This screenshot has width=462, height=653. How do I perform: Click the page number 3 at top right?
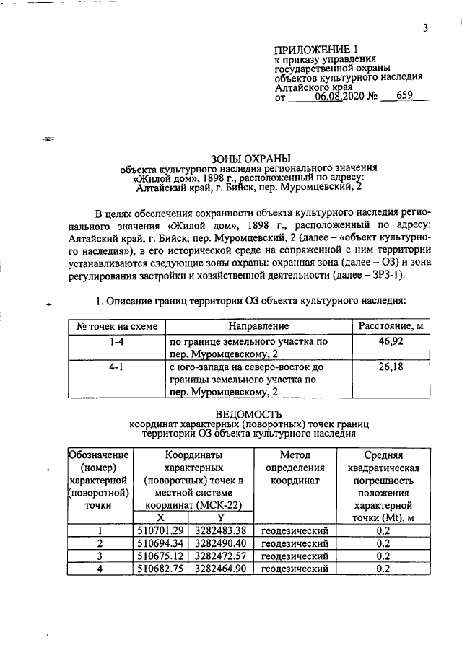point(426,29)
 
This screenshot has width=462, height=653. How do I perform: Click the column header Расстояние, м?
point(391,327)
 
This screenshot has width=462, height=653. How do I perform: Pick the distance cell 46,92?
point(390,341)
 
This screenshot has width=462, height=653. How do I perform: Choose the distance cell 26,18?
point(390,367)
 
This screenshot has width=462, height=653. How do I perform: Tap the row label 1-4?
point(112,341)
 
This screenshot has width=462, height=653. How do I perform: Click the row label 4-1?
point(112,367)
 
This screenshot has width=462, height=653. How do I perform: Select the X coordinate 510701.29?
point(161,530)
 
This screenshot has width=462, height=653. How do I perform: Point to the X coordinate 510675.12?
point(161,556)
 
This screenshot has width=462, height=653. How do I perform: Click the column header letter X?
point(161,518)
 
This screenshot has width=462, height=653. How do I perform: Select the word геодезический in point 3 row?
point(295,556)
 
